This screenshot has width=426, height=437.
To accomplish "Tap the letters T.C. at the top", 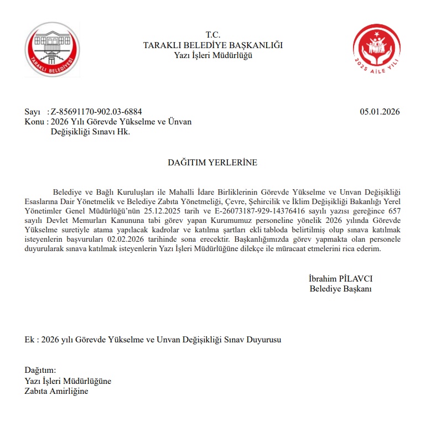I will tap(213, 35).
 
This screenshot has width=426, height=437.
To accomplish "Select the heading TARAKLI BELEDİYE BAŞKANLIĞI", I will tap(213, 45).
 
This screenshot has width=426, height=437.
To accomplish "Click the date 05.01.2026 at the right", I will tap(380, 112).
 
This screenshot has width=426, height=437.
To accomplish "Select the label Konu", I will tap(34, 122).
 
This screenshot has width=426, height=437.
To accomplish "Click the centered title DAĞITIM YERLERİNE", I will tap(212, 163).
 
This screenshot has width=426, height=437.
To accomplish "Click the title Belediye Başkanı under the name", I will tap(340, 289).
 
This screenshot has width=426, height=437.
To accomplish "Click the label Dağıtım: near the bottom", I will tap(40, 371).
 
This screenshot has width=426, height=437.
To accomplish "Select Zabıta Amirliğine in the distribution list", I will tap(56, 391).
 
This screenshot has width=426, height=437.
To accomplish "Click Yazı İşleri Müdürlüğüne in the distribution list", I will tap(68, 381).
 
